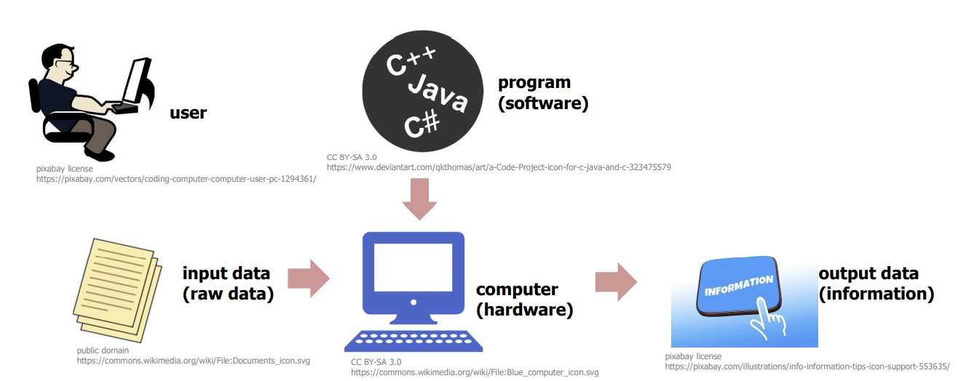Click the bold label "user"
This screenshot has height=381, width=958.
click(188, 113)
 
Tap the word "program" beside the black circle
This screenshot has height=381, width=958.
click(534, 83)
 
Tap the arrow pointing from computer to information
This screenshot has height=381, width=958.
click(616, 281)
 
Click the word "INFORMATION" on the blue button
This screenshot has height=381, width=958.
click(738, 286)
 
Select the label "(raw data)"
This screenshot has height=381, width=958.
click(228, 294)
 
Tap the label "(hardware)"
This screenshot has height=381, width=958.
click(524, 310)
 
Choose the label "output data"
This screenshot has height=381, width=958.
click(868, 274)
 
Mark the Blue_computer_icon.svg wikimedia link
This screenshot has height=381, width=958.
click(475, 372)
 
